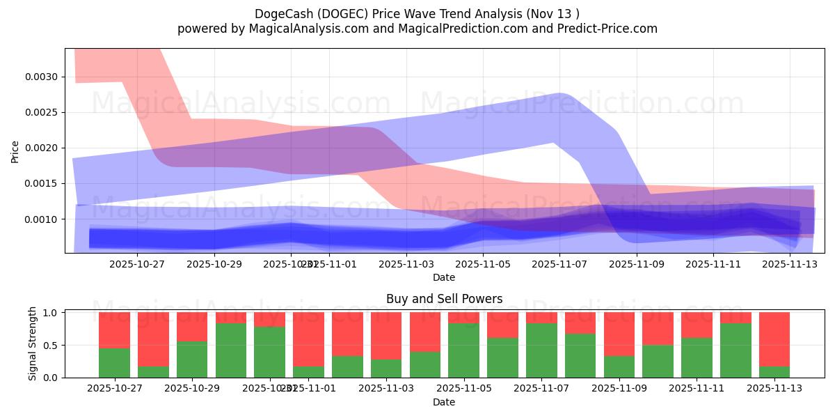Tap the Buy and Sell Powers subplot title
[x=444, y=299]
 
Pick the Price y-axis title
[x=15, y=150]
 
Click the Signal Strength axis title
[x=33, y=344]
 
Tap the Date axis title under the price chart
[x=444, y=277]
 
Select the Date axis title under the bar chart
[x=444, y=402]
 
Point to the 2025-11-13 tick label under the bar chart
[x=774, y=389]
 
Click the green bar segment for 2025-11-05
[x=463, y=350]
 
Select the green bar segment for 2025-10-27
[x=114, y=362]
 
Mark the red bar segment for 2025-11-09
[x=619, y=334]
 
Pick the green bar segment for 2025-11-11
[x=697, y=357]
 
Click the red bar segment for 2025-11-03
[x=385, y=336]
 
